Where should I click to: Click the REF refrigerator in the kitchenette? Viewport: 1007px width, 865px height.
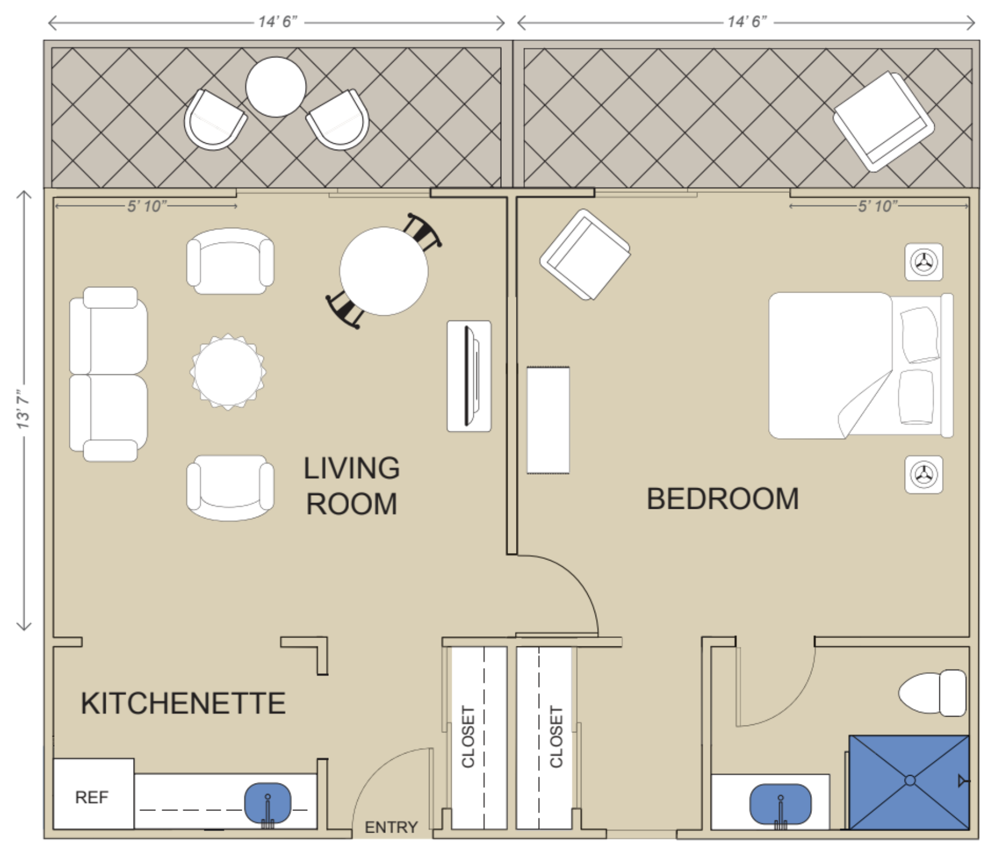pos(94,794)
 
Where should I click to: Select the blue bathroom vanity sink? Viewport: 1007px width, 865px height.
pos(781,804)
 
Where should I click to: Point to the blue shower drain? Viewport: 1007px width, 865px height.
pos(910,780)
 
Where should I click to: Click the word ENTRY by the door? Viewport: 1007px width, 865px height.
pos(391,827)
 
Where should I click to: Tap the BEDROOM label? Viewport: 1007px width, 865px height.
pos(723,499)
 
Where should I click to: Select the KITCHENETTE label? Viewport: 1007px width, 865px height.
pos(183,703)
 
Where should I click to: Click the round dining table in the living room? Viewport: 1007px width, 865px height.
pos(383,271)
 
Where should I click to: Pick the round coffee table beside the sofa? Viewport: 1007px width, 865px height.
pos(228,372)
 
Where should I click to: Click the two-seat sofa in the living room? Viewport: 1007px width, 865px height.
pos(108,374)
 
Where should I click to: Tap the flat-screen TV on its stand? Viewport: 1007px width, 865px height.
pos(470,376)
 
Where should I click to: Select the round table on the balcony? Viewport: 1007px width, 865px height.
pos(276,87)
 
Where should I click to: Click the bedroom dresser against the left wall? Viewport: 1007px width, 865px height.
pos(548,420)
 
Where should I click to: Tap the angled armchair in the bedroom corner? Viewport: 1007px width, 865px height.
pos(585,254)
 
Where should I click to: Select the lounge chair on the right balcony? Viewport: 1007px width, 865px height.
pos(884,121)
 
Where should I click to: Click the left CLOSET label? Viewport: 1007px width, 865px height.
pos(468,736)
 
